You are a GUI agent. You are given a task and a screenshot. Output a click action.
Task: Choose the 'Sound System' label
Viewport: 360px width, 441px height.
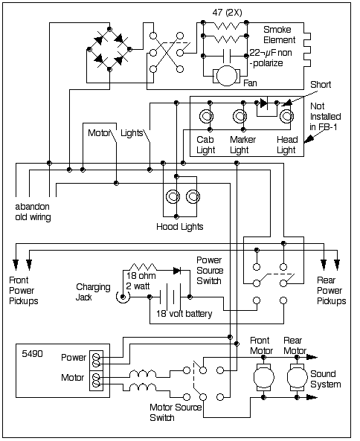tap(326, 379)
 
